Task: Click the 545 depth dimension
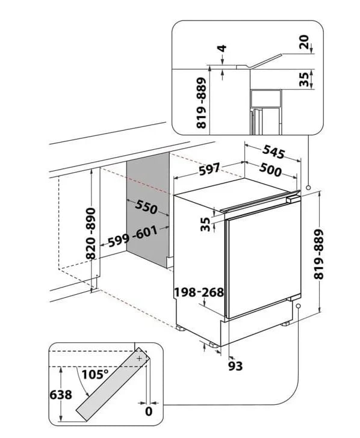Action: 273,152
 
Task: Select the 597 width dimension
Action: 209,169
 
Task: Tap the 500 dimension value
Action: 270,170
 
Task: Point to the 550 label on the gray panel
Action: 146,207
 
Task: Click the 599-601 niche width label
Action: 133,237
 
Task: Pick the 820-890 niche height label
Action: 91,233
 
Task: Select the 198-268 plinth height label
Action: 199,292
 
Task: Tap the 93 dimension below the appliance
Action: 235,366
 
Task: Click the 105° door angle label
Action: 95,374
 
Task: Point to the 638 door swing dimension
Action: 61,395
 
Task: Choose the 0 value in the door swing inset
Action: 149,411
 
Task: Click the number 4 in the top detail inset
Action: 222,48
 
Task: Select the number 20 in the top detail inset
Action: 304,42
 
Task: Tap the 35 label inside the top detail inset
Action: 304,79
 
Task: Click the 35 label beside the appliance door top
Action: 205,224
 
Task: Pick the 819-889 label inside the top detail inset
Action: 201,103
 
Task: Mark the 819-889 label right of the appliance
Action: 318,254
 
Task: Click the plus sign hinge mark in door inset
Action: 139,359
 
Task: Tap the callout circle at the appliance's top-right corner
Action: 308,188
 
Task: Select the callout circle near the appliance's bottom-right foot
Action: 298,306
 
